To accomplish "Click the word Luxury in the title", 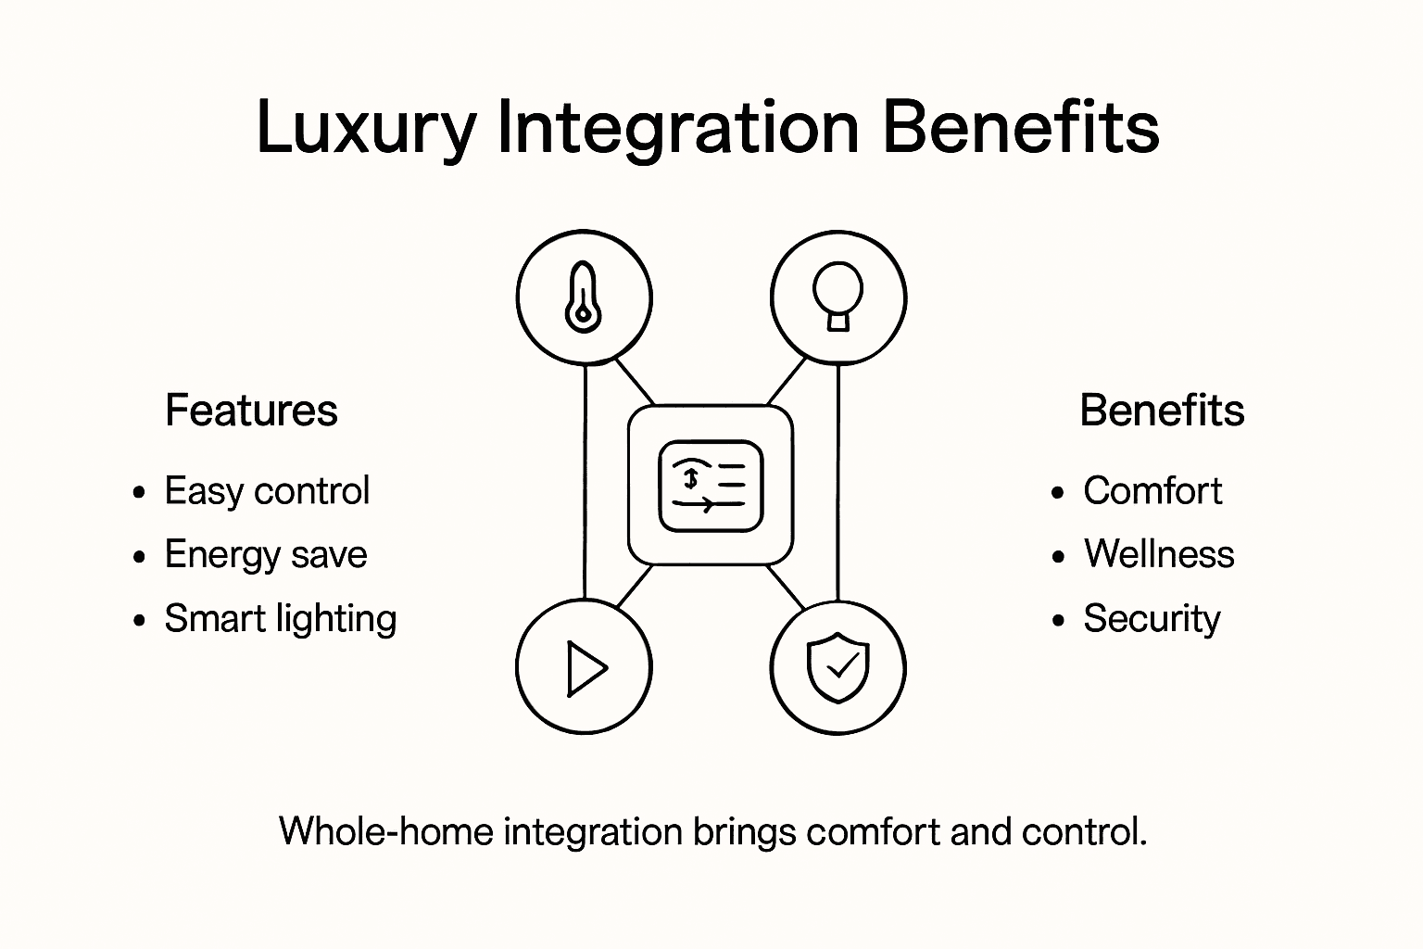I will (x=365, y=128).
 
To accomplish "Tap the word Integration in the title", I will (x=677, y=128).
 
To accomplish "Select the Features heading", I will (x=251, y=411).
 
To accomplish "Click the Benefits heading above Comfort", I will (x=1162, y=411).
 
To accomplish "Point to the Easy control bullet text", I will (x=267, y=491).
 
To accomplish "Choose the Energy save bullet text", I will (x=266, y=555).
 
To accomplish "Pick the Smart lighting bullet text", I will (x=280, y=619).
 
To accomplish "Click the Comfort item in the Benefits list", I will (x=1152, y=491).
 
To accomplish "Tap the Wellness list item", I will (x=1159, y=555).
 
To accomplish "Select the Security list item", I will (x=1152, y=619).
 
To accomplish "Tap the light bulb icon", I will (x=838, y=297).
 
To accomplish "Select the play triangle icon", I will (x=584, y=667).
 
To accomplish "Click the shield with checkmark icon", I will (x=838, y=667).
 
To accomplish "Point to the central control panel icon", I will (x=711, y=485).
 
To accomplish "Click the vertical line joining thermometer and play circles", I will (x=586, y=482).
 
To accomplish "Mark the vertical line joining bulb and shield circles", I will (x=838, y=482).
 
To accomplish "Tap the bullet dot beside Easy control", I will (x=139, y=492).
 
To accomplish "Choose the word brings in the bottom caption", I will (x=744, y=832).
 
